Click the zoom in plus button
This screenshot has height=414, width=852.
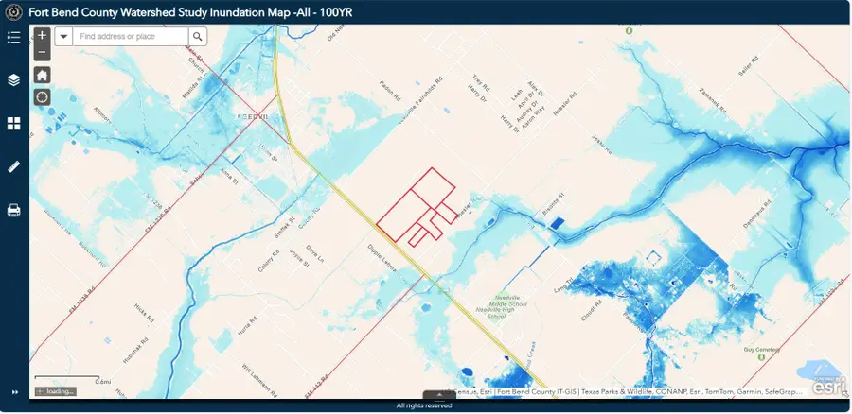click(x=42, y=36)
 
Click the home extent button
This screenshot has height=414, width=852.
click(x=42, y=75)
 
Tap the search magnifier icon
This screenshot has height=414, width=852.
click(x=197, y=36)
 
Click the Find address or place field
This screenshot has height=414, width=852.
click(x=130, y=36)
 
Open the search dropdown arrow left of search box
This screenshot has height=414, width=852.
click(x=62, y=36)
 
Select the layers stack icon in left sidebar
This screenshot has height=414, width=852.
click(x=13, y=79)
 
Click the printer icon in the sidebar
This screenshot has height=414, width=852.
click(x=13, y=210)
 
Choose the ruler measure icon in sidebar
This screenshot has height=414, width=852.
click(x=13, y=166)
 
